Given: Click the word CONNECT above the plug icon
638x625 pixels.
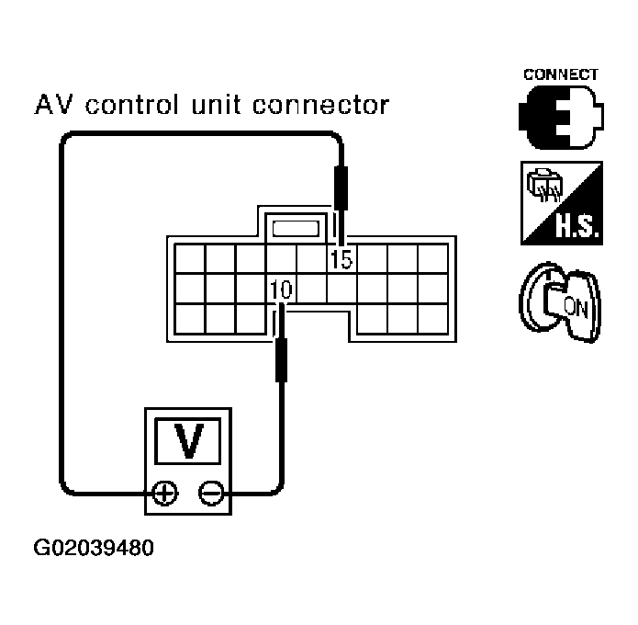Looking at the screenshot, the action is [560, 75].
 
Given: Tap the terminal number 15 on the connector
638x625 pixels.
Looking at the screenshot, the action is [341, 258].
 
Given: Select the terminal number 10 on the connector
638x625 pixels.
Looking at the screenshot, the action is [281, 290].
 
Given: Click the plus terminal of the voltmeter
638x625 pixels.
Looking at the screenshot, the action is [165, 494].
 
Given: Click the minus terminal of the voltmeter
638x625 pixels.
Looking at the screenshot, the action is [211, 494].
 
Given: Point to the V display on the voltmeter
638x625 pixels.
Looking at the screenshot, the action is [188, 441].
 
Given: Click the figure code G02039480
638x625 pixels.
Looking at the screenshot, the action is [94, 548].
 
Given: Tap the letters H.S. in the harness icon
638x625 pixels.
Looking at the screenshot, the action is [577, 226].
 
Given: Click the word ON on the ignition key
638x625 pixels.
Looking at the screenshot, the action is [576, 308].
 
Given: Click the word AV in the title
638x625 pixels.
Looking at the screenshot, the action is [54, 104].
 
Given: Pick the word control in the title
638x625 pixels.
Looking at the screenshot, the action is [132, 104].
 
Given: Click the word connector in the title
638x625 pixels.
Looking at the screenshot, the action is [320, 105].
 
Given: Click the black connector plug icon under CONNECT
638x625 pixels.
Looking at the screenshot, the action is [561, 118].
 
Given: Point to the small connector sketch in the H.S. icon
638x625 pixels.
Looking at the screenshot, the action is [544, 185].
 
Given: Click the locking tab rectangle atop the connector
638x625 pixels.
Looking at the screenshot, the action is [296, 229].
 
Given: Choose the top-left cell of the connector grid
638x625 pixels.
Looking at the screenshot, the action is [190, 258].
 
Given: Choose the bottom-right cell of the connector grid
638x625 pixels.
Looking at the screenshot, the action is [433, 319].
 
